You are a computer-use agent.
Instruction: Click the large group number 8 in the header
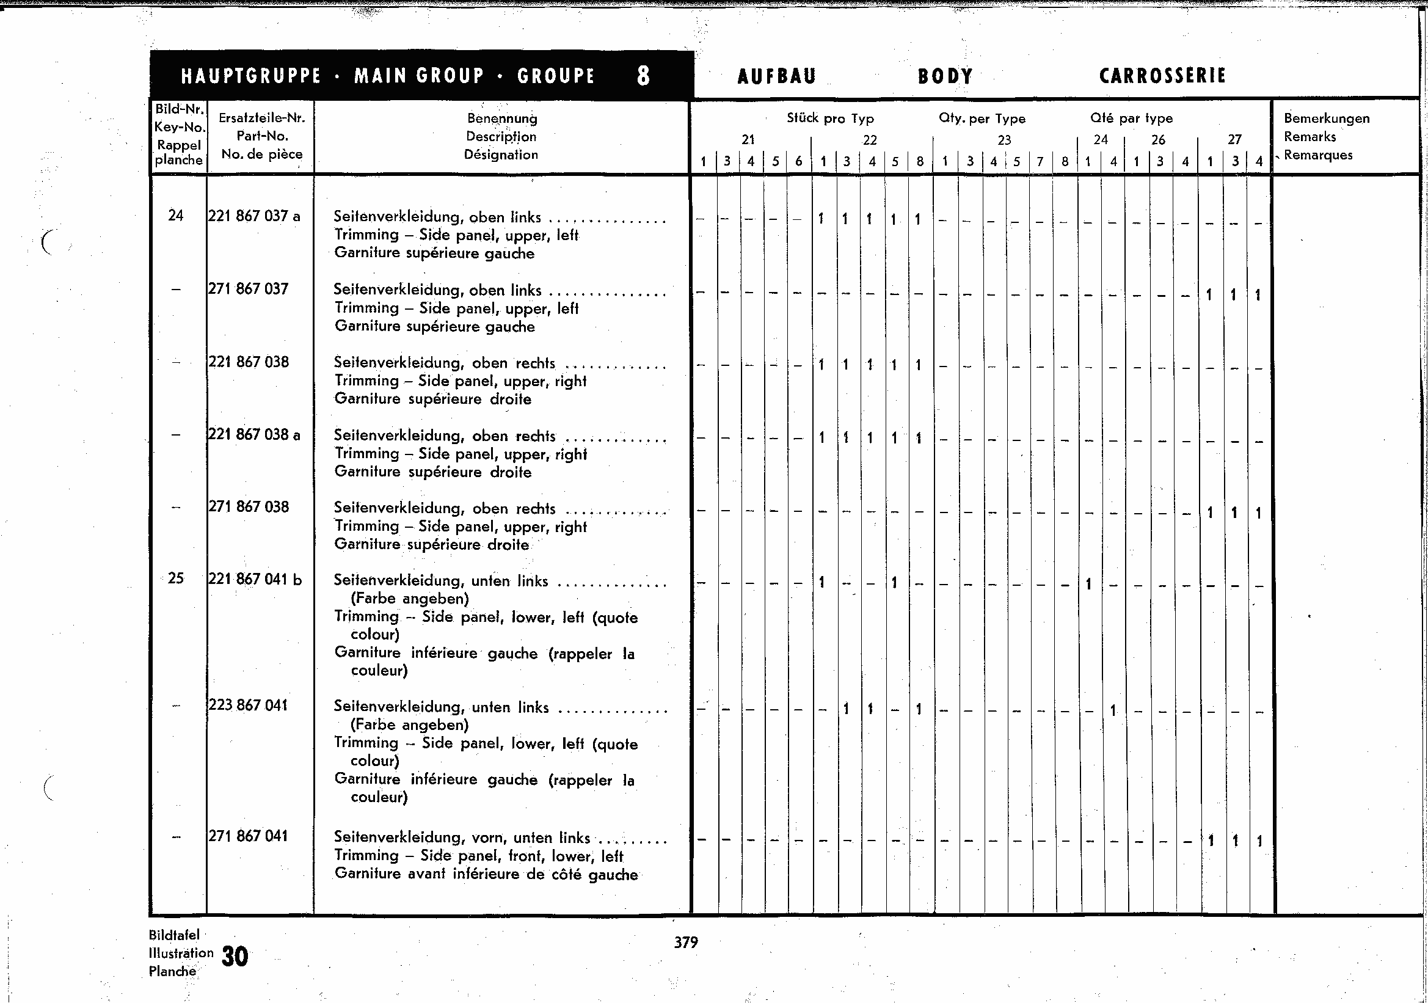[644, 76]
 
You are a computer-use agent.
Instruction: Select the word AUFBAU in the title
[776, 76]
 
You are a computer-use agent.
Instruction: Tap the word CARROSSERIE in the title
[1162, 76]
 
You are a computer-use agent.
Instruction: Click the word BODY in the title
[945, 76]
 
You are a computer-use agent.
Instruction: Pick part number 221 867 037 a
[253, 216]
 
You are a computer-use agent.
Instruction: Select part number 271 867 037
[248, 289]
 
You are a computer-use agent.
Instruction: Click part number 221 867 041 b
[255, 580]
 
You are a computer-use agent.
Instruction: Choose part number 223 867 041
[248, 705]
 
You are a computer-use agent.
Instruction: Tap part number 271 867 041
[248, 836]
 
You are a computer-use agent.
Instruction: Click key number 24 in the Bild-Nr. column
[176, 216]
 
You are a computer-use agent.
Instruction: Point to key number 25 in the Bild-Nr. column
[176, 578]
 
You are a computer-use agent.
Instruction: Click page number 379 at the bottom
[686, 943]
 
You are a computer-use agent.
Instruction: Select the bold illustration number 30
[235, 957]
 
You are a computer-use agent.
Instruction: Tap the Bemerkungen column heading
[1327, 118]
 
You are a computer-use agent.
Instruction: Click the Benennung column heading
[502, 118]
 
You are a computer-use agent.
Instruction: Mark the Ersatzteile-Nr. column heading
[262, 118]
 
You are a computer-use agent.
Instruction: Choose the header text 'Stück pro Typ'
[830, 118]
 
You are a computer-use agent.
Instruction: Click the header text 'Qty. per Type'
[982, 118]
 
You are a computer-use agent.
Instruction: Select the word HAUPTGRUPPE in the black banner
[251, 76]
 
